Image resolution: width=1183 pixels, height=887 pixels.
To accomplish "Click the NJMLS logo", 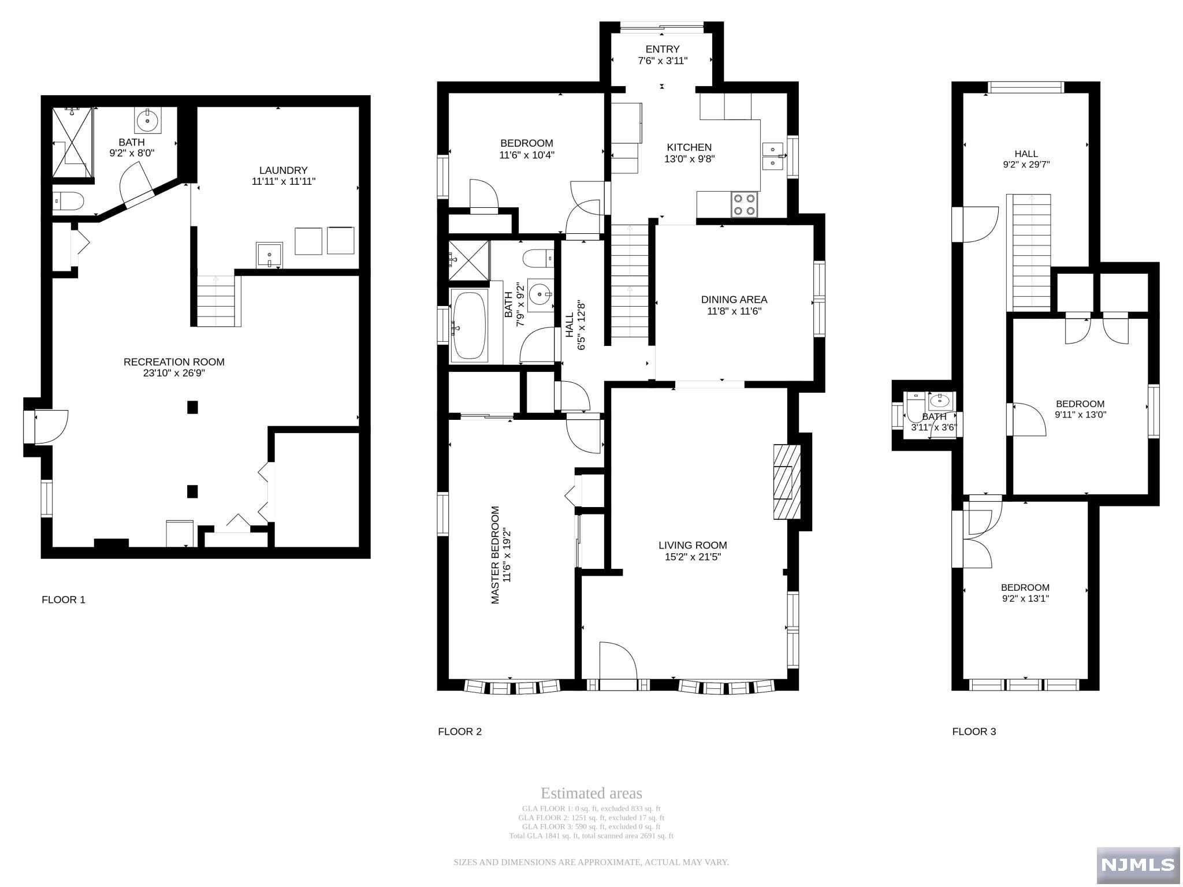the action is (1138, 864).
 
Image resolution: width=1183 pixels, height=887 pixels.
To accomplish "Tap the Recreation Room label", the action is (174, 362).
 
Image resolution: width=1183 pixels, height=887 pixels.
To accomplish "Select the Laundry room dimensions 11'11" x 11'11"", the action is (284, 181).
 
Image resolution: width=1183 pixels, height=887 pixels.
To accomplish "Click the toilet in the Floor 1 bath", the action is (69, 201).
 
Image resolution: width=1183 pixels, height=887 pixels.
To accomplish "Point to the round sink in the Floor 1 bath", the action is (148, 120).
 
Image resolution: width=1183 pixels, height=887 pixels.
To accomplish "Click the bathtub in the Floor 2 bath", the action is (468, 326).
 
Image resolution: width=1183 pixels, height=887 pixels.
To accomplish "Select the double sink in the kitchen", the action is (773, 156).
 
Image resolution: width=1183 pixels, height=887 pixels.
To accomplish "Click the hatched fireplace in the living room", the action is (787, 482).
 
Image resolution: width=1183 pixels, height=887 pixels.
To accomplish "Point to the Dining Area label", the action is (734, 300).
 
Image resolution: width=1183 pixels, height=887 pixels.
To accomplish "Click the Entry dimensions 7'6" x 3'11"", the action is (663, 61).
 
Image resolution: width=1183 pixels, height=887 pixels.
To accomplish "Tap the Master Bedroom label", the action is (495, 555).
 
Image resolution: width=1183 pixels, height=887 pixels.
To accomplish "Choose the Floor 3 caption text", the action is (974, 732).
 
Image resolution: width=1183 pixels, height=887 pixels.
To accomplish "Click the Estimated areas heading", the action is (591, 793).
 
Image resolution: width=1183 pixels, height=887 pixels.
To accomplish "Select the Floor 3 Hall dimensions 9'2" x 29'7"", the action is (1026, 165).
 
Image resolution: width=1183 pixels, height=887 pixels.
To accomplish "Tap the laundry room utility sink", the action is (269, 255).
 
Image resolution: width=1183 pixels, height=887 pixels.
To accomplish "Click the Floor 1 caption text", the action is (64, 600).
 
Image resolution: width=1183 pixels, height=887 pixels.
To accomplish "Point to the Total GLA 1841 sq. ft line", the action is (591, 836).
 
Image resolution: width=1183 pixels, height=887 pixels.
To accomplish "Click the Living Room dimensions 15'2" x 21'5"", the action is (693, 557).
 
